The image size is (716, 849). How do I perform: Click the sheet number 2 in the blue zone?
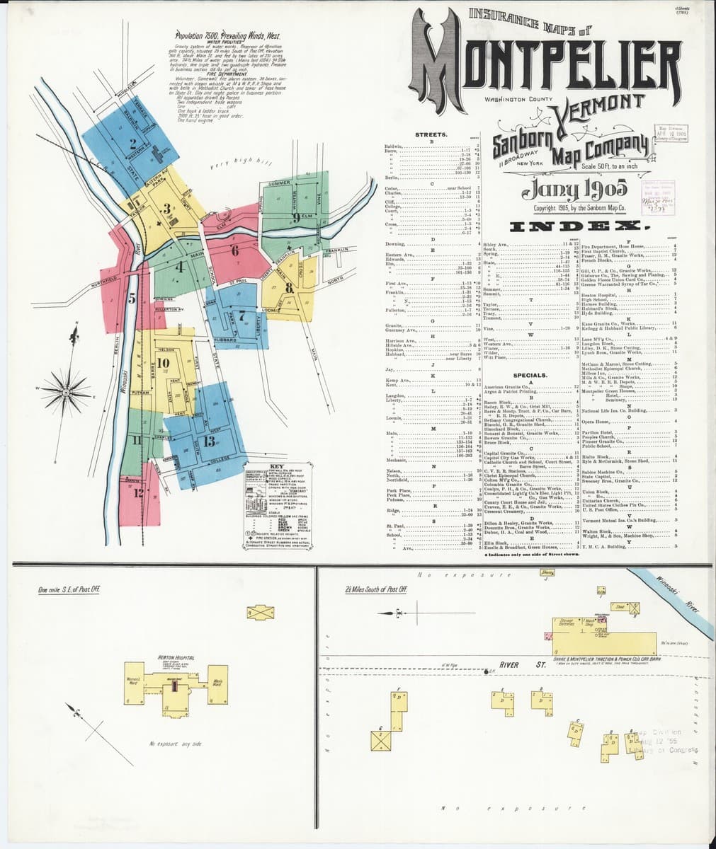tap(132, 140)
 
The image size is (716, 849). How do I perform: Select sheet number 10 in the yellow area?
tap(162, 363)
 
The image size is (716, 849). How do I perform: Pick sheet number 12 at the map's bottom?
tap(137, 493)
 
